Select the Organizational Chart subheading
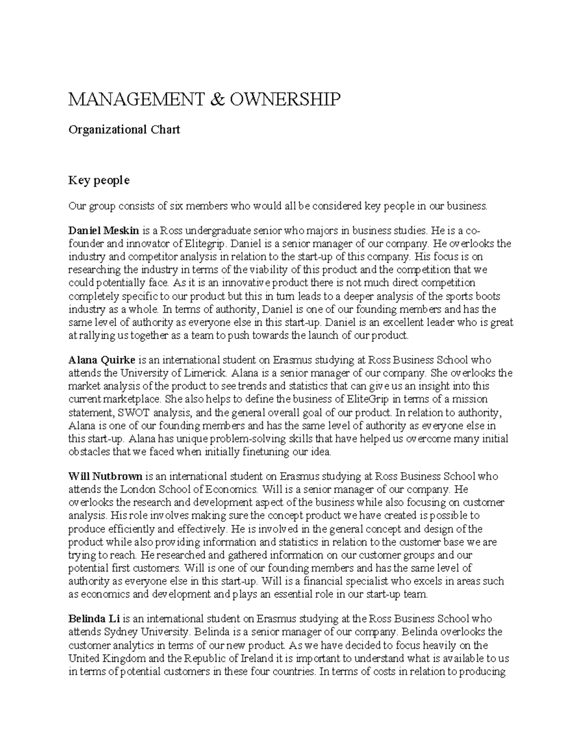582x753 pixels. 124,129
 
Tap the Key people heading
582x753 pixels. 99,180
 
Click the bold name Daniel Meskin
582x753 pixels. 104,230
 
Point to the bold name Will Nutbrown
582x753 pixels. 105,476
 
